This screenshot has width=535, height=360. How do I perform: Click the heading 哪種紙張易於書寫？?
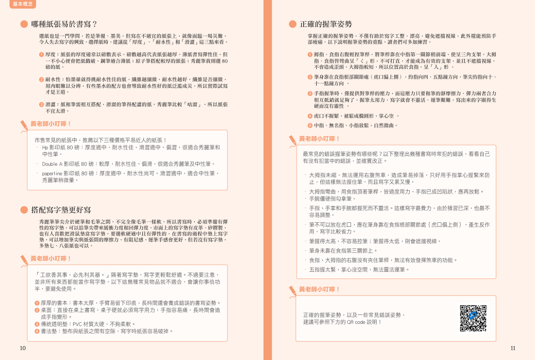pyautogui.click(x=64, y=24)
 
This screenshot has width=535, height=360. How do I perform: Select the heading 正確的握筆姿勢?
pyautogui.click(x=325, y=24)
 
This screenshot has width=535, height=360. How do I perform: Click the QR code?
pyautogui.click(x=473, y=318)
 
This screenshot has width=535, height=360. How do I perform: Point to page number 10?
pyautogui.click(x=23, y=348)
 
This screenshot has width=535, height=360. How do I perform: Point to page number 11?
pyautogui.click(x=512, y=348)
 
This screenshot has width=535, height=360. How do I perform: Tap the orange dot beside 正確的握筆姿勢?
pyautogui.click(x=292, y=24)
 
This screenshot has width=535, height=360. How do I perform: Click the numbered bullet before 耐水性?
pyautogui.click(x=41, y=79)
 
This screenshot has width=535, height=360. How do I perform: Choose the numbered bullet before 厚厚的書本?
pyautogui.click(x=37, y=303)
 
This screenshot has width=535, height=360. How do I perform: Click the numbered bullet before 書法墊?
pyautogui.click(x=37, y=331)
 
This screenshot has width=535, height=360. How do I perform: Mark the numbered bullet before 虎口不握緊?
pyautogui.click(x=310, y=116)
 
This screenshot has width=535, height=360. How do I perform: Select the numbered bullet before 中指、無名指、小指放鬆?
pyautogui.click(x=310, y=126)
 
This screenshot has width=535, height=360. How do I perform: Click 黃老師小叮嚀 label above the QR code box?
pyautogui.click(x=319, y=289)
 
